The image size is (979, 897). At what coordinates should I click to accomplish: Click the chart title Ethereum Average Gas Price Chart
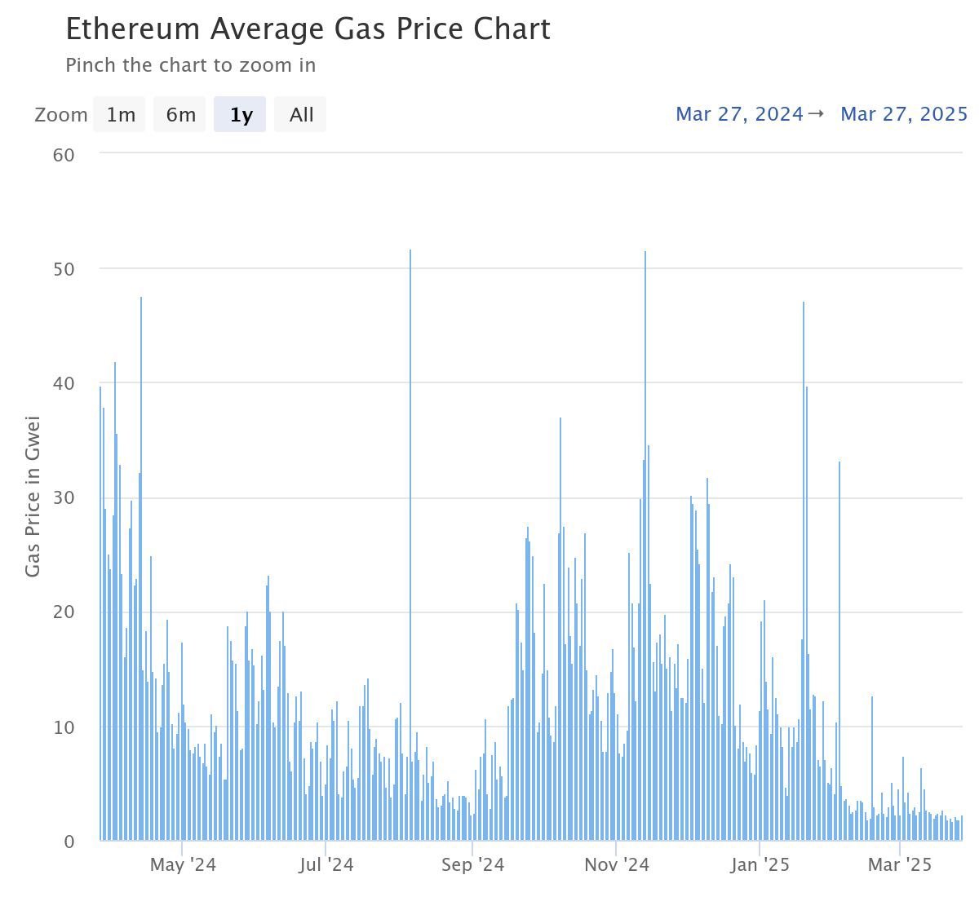[308, 29]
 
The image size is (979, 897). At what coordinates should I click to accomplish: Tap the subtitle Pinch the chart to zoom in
[190, 65]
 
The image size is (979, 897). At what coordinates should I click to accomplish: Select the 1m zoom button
[120, 115]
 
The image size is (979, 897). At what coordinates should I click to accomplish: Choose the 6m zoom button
[180, 115]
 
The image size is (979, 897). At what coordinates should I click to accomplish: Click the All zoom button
[300, 115]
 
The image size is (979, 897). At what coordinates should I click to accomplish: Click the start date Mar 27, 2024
[739, 114]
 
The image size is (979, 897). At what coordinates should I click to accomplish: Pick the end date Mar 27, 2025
[903, 114]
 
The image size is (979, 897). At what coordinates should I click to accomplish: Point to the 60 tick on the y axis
[64, 155]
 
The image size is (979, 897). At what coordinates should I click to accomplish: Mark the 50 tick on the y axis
[64, 269]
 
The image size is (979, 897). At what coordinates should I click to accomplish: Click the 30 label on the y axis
[64, 498]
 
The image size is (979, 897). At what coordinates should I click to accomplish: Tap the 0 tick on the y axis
[69, 842]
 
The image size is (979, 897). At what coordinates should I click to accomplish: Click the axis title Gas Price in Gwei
[33, 497]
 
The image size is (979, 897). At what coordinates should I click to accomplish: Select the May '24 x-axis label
[183, 865]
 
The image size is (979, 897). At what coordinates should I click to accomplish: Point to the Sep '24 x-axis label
[472, 865]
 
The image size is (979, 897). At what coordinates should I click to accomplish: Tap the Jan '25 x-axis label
[760, 865]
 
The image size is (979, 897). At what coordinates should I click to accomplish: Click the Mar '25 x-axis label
[899, 865]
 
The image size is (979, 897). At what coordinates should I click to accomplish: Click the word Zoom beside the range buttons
[60, 115]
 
